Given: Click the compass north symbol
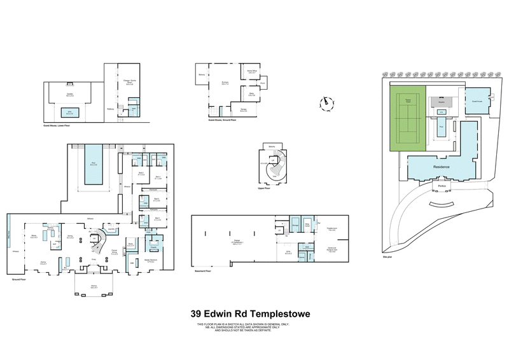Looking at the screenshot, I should [326, 102].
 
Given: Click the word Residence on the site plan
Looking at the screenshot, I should [441, 167].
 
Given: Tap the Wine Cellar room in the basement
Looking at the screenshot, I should [307, 225].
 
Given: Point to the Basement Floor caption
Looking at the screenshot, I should [203, 271].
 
